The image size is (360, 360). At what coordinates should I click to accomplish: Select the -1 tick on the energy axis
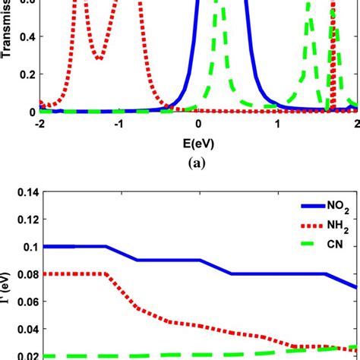click(x=118, y=125)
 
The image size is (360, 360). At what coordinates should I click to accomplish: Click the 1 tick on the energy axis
click(x=278, y=125)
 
